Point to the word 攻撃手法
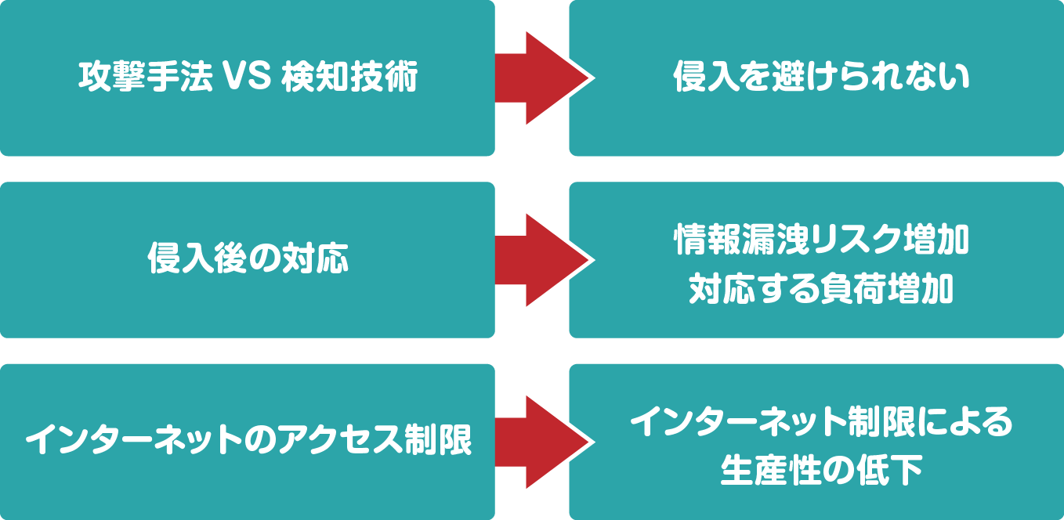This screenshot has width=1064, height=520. click(145, 78)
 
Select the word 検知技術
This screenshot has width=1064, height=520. click(348, 78)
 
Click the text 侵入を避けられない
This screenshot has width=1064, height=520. click(821, 78)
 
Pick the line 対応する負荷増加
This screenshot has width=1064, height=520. click(821, 291)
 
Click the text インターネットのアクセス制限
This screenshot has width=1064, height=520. click(248, 442)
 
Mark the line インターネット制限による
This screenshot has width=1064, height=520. click(821, 424)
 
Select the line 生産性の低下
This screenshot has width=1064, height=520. click(821, 472)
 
